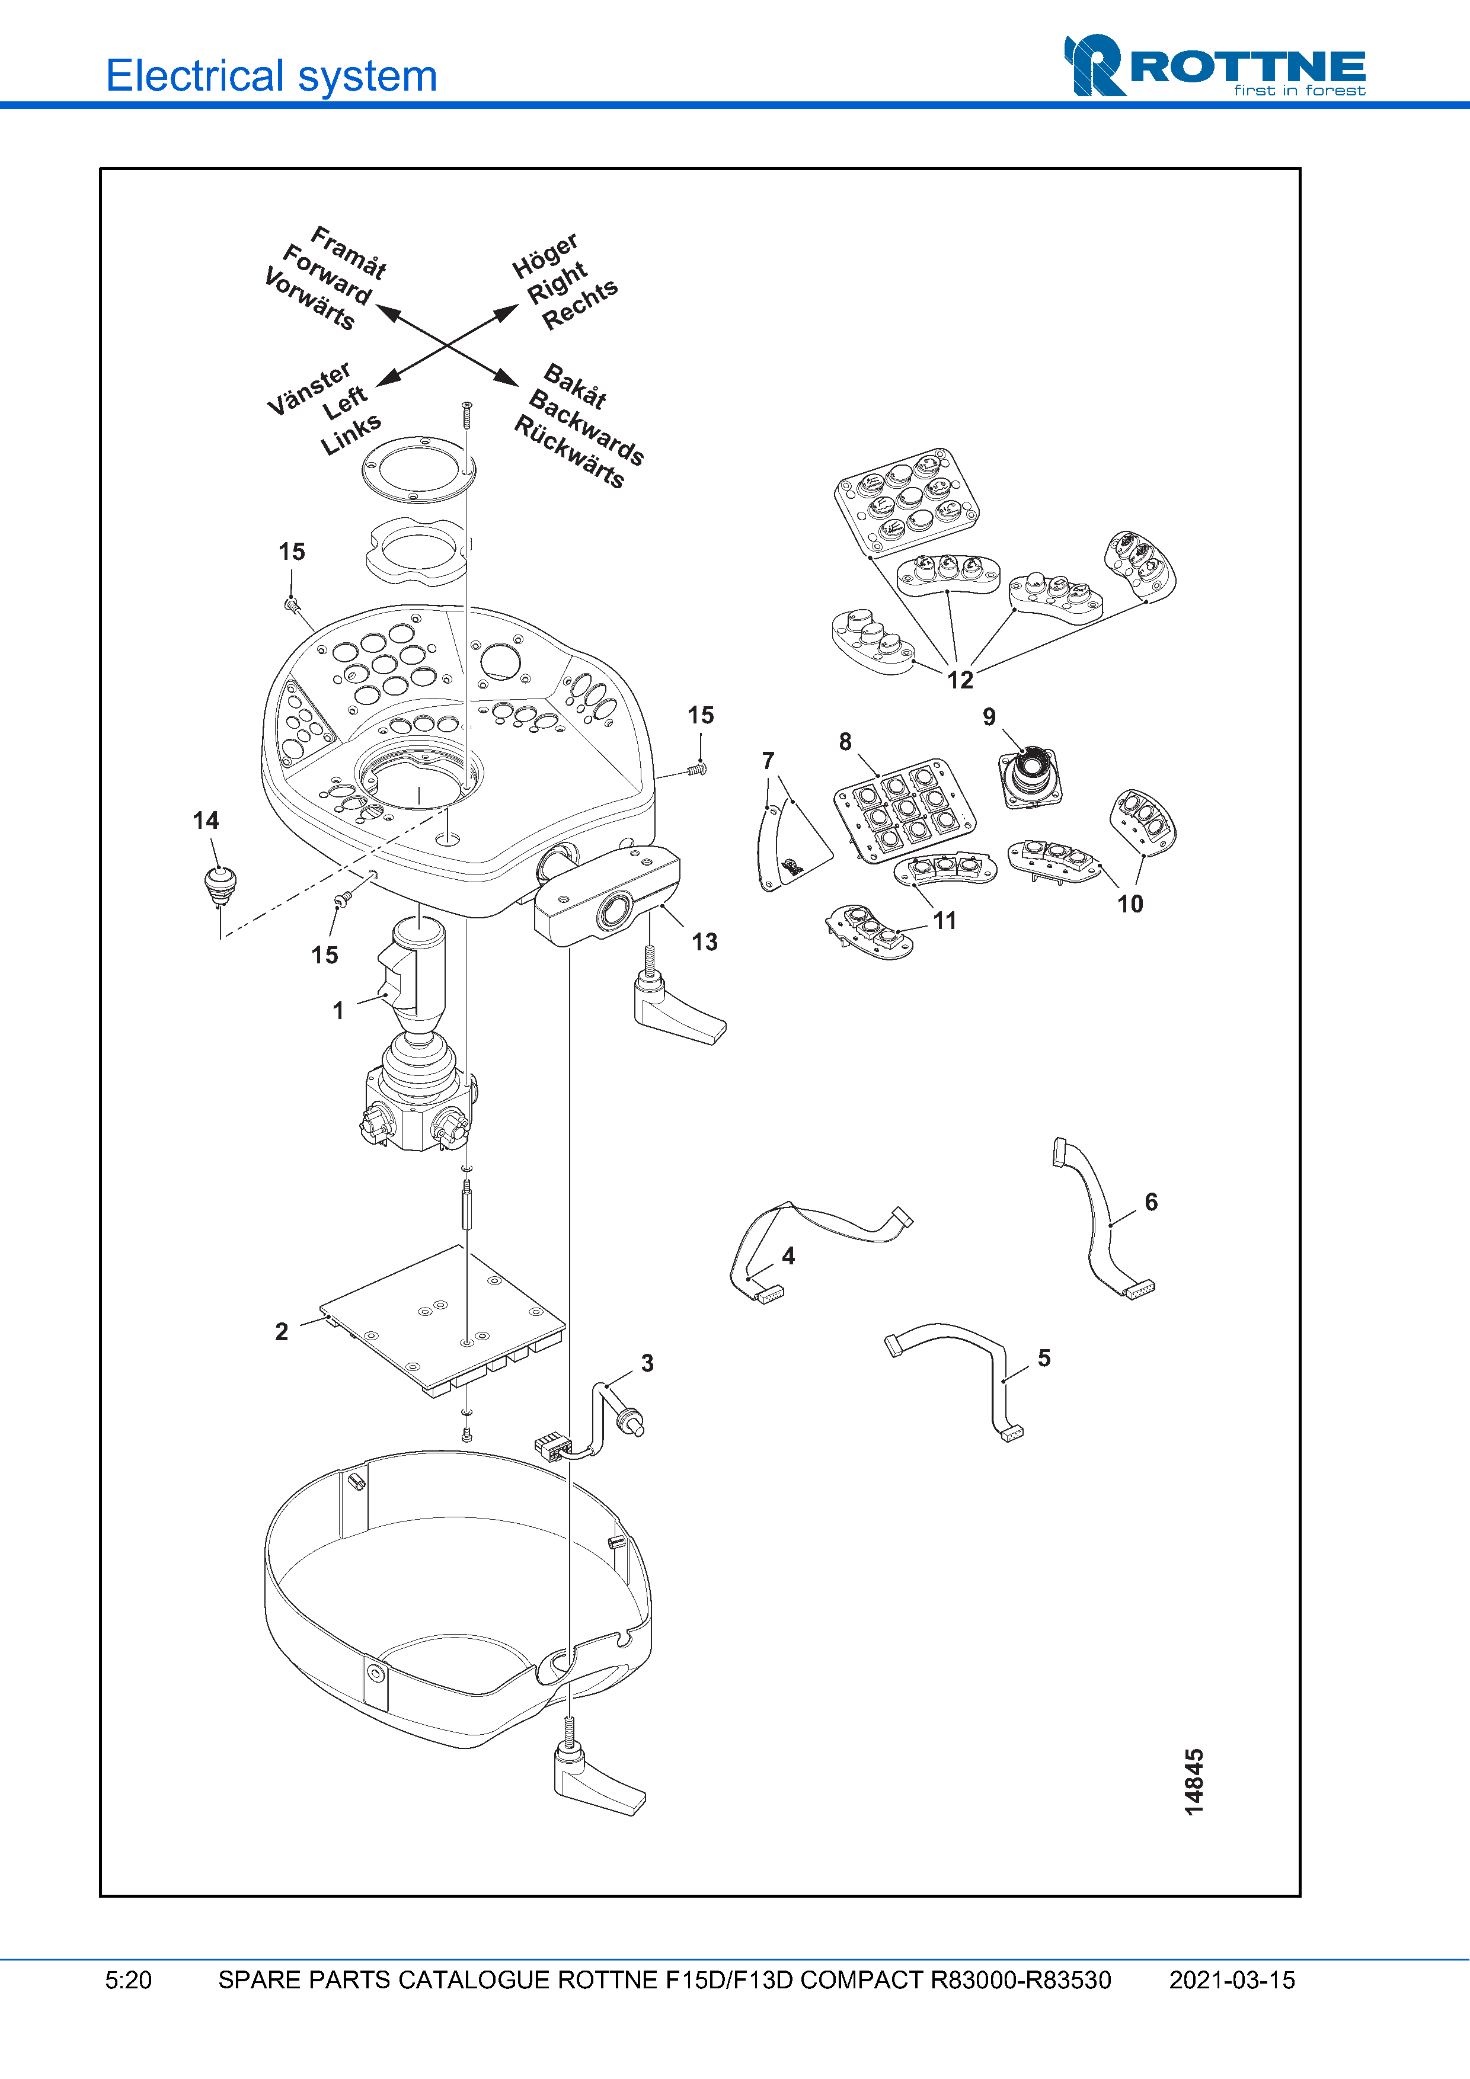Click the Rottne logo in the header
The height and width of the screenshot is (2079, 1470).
click(1214, 66)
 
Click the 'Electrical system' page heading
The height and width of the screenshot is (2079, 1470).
click(271, 76)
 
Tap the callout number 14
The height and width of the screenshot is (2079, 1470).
click(206, 821)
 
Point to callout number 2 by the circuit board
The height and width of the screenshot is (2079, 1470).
click(282, 1331)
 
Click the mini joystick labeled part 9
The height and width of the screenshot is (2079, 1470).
click(1030, 774)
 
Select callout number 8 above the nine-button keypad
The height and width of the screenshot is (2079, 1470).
click(845, 742)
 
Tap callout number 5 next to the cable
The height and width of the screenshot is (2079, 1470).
click(1044, 1357)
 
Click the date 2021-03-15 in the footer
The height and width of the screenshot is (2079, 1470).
click(1232, 1979)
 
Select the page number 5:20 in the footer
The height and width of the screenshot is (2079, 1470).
click(129, 1979)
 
